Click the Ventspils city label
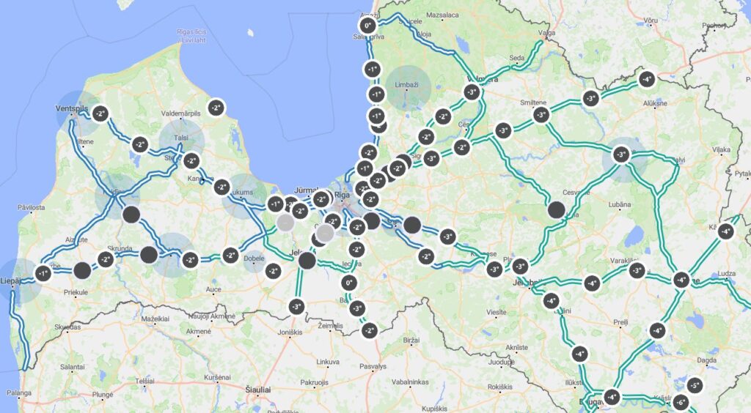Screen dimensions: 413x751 click(71, 109)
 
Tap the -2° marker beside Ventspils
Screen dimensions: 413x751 click(99, 114)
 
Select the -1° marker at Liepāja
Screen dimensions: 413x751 click(42, 274)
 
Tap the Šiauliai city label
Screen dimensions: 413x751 click(257, 390)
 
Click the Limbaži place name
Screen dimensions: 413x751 click(406, 86)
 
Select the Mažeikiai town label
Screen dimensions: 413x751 click(154, 319)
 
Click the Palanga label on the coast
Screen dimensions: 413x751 click(19, 393)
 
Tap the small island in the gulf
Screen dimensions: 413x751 click(251, 32)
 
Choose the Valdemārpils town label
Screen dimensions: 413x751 click(180, 113)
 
